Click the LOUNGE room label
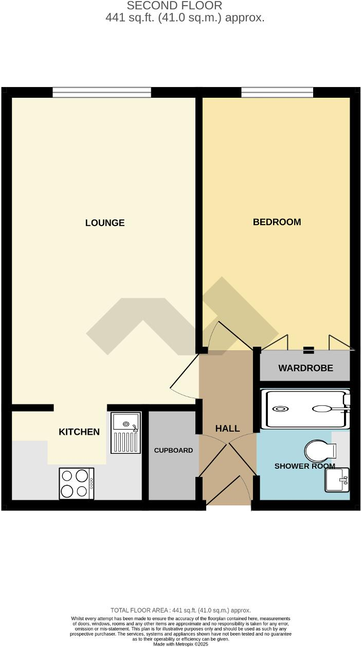coord(105,223)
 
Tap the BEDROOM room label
coord(277,222)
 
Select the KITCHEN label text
coord(79,432)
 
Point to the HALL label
coord(227,429)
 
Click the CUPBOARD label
coord(173,450)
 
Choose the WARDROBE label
coord(305,368)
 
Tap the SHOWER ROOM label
coord(305,466)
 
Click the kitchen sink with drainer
coord(125,433)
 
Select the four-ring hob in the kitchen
coord(77,483)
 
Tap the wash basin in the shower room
coord(337,480)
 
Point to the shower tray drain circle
coord(280,410)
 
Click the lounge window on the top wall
coord(102,92)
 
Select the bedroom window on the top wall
coord(277,92)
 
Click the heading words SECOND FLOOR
coord(174,6)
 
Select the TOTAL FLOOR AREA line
coord(180,610)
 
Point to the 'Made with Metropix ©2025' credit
coord(180,644)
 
